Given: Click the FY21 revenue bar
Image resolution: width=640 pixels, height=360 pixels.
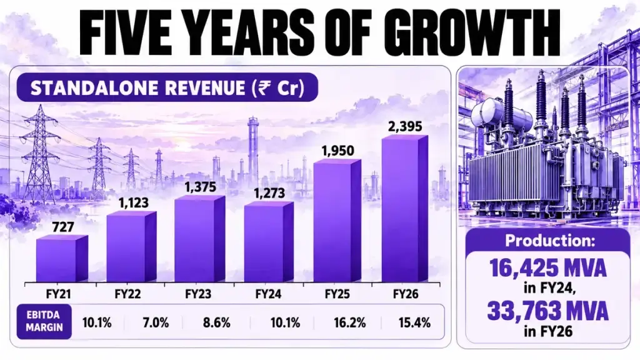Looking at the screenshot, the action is tap(62, 258).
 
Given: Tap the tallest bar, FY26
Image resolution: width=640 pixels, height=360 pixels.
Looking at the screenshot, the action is tap(405, 209).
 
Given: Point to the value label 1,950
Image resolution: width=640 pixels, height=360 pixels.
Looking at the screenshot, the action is tap(337, 151).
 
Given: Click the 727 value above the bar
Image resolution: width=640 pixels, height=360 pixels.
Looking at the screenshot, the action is tap(63, 226).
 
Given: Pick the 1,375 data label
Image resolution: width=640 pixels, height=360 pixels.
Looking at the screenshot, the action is tap(200, 187).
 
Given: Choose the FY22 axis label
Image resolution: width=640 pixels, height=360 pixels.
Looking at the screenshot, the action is tap(127, 294).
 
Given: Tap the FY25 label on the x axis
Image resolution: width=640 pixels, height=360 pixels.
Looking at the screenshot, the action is tap(337, 294).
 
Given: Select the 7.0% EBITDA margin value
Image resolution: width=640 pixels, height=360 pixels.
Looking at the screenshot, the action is tap(156, 323).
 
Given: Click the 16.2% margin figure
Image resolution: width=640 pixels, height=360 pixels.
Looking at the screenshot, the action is tap(350, 323).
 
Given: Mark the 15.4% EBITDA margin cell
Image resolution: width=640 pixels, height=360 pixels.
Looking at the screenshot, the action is tap(414, 323).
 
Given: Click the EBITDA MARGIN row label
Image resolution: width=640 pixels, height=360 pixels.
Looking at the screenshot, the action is tap(44, 321).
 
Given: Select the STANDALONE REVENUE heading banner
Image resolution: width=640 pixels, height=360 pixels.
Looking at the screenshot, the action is tap(167, 87).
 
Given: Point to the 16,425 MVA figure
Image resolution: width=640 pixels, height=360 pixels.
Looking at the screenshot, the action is tap(547, 267).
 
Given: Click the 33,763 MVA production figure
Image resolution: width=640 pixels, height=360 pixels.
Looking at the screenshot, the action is tap(547, 311).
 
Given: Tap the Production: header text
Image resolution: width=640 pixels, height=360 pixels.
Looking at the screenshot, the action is tap(550, 241).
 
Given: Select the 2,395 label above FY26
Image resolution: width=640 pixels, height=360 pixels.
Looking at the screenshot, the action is tap(405, 126).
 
